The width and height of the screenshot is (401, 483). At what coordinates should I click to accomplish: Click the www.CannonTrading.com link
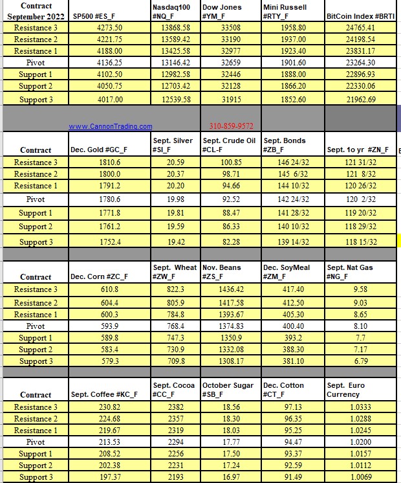(x=110, y=126)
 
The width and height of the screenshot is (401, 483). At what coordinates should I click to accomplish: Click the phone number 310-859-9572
(x=231, y=126)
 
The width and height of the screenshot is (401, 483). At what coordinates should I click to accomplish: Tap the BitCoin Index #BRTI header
(x=360, y=16)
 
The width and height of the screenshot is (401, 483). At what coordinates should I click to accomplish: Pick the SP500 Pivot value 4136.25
(x=109, y=63)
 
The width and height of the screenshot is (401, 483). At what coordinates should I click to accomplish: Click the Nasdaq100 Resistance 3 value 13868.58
(x=175, y=28)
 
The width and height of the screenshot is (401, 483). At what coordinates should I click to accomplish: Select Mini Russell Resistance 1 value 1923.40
(x=293, y=51)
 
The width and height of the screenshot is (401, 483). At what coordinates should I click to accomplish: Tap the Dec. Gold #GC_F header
(x=99, y=150)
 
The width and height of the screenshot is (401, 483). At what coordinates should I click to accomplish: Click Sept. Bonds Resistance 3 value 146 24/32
(x=292, y=162)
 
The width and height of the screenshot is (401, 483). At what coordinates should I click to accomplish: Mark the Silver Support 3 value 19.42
(x=175, y=241)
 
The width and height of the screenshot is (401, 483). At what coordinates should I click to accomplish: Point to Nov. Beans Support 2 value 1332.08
(x=230, y=350)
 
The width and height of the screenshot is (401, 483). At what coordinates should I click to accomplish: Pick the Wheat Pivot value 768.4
(x=175, y=326)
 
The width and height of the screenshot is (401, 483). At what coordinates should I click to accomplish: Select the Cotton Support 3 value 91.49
(x=292, y=477)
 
